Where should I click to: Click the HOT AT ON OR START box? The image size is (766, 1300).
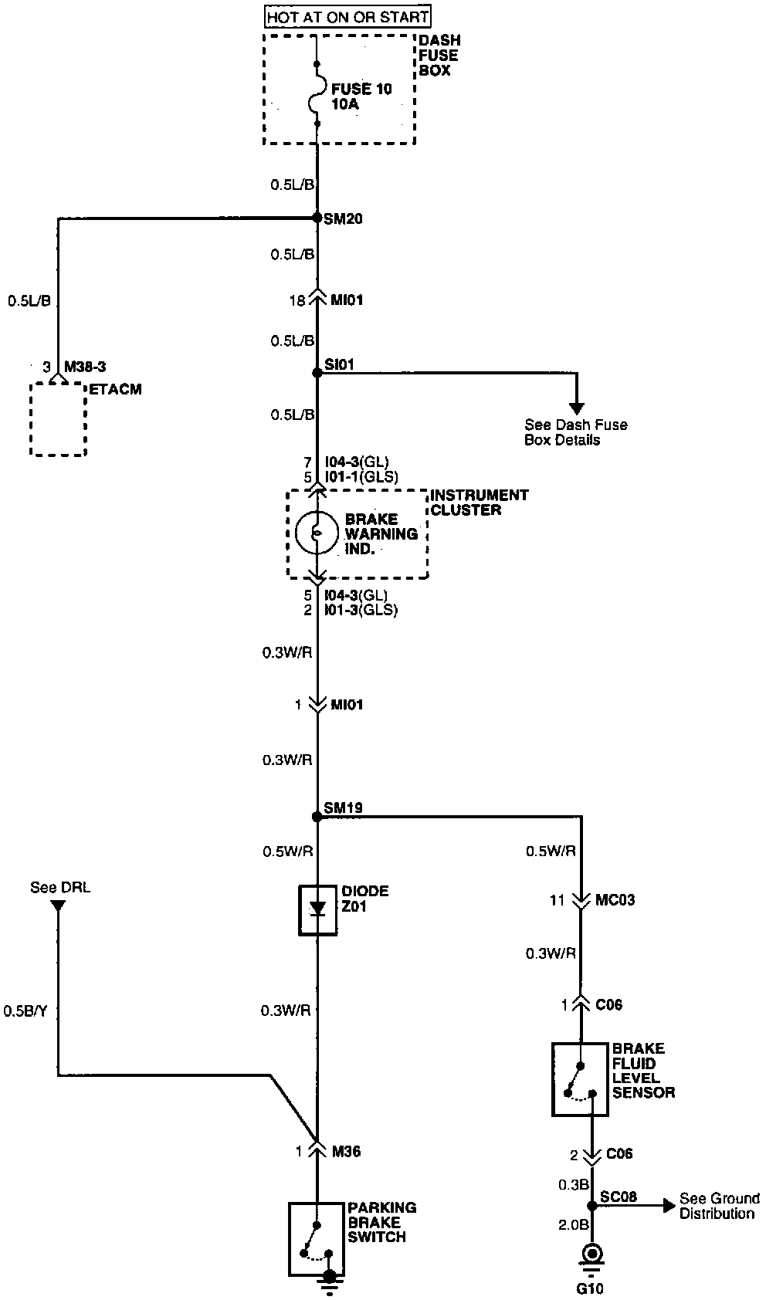point(347,16)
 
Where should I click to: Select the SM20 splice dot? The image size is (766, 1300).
point(317,218)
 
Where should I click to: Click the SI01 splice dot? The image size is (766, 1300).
point(317,373)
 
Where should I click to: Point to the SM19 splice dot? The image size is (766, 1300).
point(317,816)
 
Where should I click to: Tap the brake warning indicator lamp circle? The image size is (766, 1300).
point(317,533)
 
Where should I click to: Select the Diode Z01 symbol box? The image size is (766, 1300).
point(317,910)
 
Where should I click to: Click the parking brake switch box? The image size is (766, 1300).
point(317,1238)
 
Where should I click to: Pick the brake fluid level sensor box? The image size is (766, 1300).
point(580,1079)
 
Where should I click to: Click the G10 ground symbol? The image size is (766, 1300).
point(591,1254)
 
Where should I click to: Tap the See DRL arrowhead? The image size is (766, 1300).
point(59,904)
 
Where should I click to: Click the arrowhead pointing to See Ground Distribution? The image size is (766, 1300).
point(669,1206)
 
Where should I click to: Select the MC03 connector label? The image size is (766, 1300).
point(615,900)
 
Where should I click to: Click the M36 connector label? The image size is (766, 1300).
point(346,1152)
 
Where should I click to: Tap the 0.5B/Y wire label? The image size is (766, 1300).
point(25,1011)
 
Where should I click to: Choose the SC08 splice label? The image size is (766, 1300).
point(619,1197)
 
